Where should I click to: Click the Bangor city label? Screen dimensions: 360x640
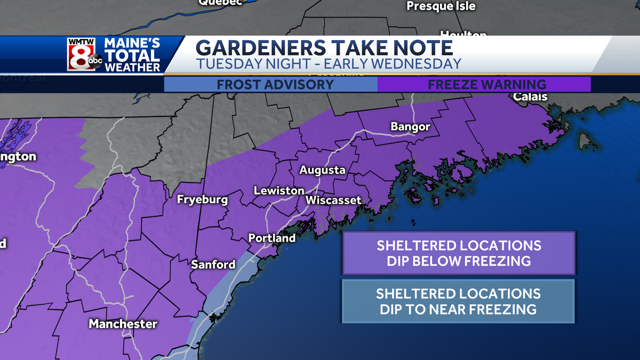(410, 127)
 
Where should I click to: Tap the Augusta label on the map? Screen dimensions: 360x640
(322, 171)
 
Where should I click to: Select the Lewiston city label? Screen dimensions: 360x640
(279, 190)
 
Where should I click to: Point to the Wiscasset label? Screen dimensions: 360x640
(333, 201)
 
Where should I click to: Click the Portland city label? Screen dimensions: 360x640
(272, 238)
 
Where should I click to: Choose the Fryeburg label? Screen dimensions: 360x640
(202, 201)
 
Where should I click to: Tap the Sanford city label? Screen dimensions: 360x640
(213, 265)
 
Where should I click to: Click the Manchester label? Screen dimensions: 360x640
(123, 324)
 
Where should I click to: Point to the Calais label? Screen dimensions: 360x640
(530, 97)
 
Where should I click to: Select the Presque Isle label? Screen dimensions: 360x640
(441, 6)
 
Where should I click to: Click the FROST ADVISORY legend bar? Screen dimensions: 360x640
(275, 84)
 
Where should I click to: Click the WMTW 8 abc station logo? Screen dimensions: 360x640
(84, 54)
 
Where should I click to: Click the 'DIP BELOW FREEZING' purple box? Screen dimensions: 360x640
(459, 253)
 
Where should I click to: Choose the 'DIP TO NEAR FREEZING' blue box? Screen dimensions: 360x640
(458, 301)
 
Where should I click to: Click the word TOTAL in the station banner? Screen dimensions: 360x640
(132, 55)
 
